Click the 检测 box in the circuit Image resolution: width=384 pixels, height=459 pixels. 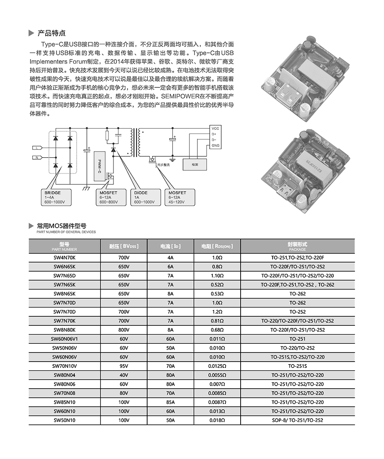click(x=195, y=164)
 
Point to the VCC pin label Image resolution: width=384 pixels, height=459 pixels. click(x=215, y=128)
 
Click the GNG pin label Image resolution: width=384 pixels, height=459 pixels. click(x=215, y=146)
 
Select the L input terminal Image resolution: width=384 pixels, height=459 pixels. click(x=37, y=148)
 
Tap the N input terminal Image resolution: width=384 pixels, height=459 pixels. click(x=37, y=158)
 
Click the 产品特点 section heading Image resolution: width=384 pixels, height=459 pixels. click(x=52, y=33)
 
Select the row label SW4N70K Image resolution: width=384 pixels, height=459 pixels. click(x=64, y=258)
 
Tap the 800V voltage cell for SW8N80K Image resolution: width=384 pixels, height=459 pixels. click(x=124, y=330)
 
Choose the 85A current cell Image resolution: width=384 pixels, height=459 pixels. click(x=170, y=402)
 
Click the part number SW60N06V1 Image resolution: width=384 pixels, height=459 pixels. click(x=65, y=339)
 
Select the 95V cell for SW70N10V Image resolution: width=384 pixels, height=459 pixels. click(x=124, y=366)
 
